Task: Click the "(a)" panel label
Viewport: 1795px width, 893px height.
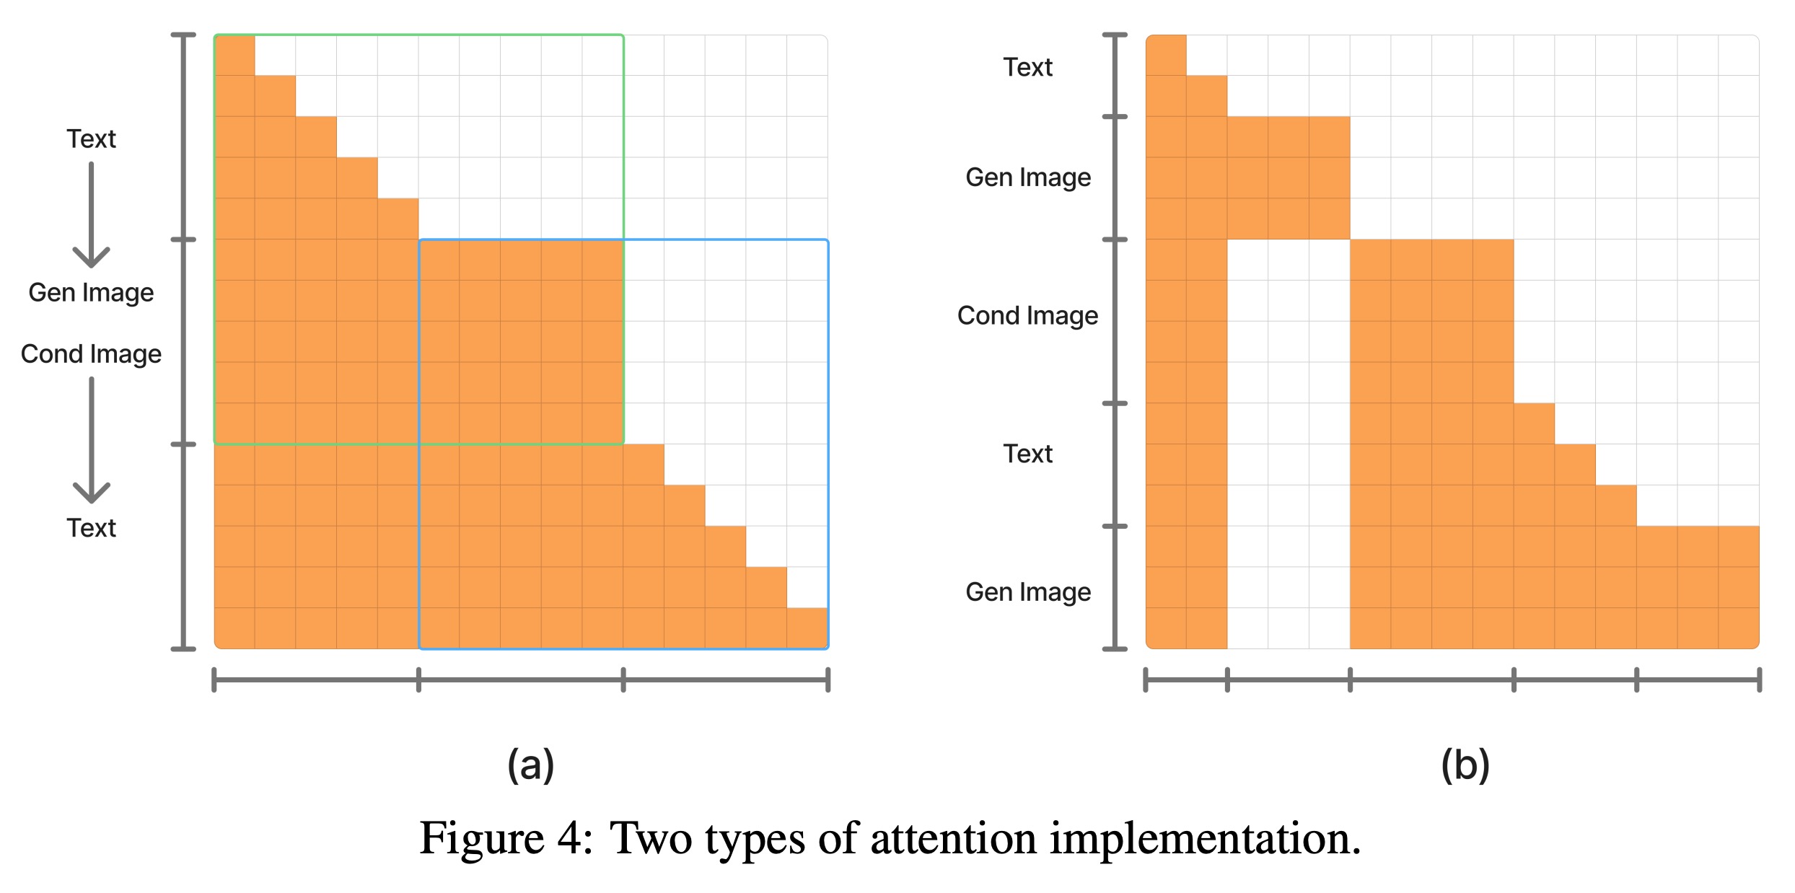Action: [x=531, y=765]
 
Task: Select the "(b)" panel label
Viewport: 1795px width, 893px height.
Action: [x=1465, y=765]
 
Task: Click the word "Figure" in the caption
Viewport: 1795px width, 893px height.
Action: [x=481, y=839]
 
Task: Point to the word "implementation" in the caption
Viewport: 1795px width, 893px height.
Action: [x=1204, y=839]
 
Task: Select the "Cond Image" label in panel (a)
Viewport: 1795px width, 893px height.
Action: [x=91, y=354]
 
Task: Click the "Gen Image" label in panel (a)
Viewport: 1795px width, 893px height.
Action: [x=91, y=293]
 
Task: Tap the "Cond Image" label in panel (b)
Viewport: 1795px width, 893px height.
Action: [x=1027, y=316]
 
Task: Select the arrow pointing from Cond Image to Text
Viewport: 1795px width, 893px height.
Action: [x=91, y=440]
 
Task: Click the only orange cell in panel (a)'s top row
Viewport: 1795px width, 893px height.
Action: [x=234, y=56]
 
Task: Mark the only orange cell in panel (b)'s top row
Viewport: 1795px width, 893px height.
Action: [x=1166, y=56]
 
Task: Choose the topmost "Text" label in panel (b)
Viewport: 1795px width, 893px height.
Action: [x=1027, y=68]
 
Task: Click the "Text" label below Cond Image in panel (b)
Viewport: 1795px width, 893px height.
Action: [x=1027, y=454]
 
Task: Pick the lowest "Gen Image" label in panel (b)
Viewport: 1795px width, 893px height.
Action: [x=1027, y=592]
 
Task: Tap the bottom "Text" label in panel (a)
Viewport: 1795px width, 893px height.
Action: [x=91, y=528]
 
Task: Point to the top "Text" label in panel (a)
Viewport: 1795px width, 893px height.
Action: [x=91, y=139]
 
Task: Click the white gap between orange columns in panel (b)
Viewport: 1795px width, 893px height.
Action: [x=1288, y=444]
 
